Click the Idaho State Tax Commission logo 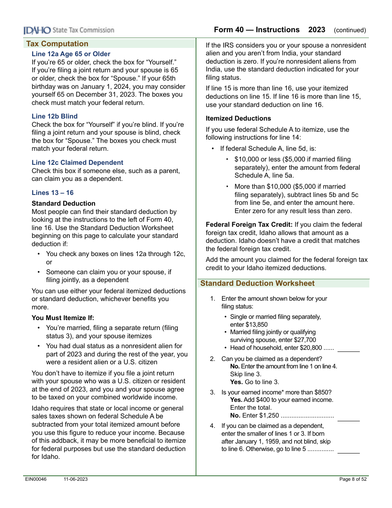pyautogui.click(x=68, y=30)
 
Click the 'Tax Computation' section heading pyautogui.click(x=57, y=44)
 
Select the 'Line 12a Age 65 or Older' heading pyautogui.click(x=71, y=54)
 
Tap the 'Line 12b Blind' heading pyautogui.click(x=54, y=116)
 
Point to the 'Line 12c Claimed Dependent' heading pyautogui.click(x=78, y=163)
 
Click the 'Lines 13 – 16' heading pyautogui.click(x=53, y=193)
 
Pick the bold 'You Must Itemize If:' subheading pyautogui.click(x=63, y=318)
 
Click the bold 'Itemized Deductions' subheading pyautogui.click(x=239, y=119)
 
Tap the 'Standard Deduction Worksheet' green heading pyautogui.click(x=257, y=283)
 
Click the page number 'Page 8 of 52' pyautogui.click(x=353, y=479)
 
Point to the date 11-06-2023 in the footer pyautogui.click(x=76, y=479)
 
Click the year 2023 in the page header pyautogui.click(x=316, y=30)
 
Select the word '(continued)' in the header pyautogui.click(x=350, y=30)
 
